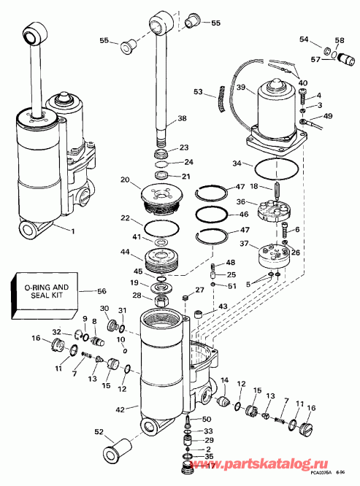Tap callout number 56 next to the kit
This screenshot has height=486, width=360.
(x=102, y=290)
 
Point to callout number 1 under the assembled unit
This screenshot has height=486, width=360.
(x=72, y=231)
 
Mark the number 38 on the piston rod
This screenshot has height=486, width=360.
(x=182, y=117)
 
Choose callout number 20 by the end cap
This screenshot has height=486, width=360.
(x=125, y=180)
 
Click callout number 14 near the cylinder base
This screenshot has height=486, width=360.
(x=225, y=380)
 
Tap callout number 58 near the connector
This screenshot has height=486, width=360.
(x=340, y=40)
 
